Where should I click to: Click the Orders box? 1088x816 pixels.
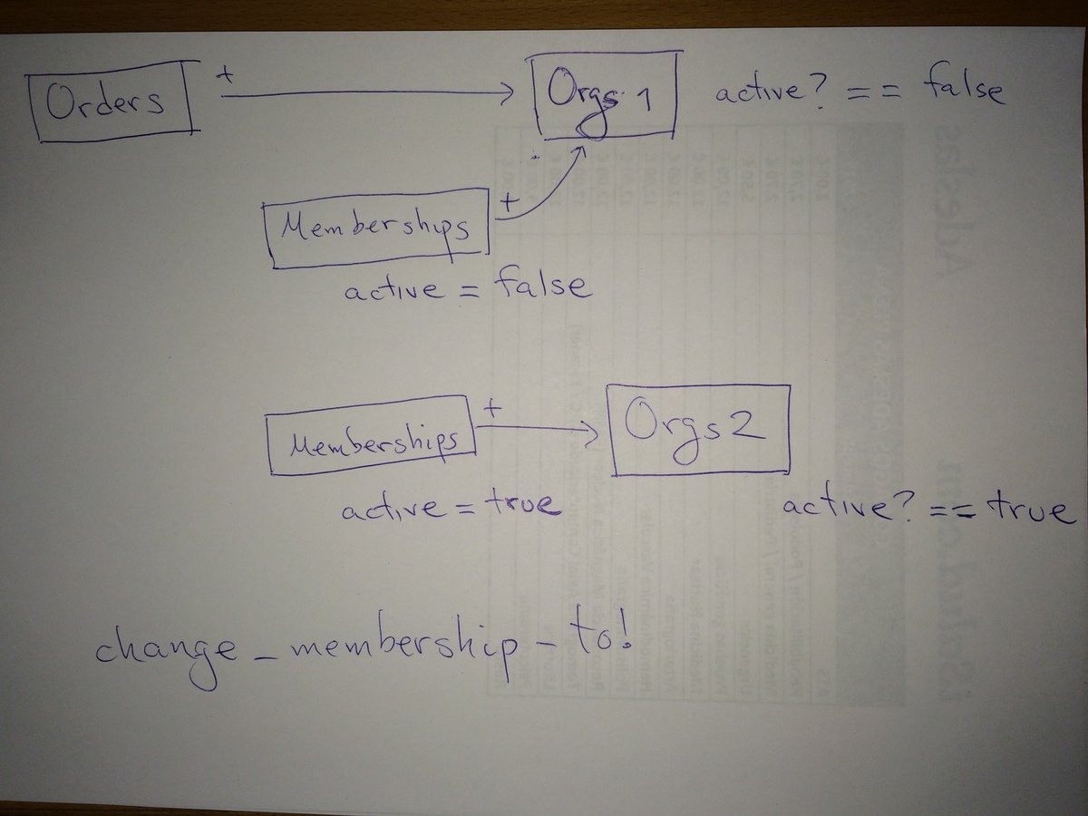pyautogui.click(x=112, y=103)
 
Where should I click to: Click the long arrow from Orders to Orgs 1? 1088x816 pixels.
pyautogui.click(x=363, y=92)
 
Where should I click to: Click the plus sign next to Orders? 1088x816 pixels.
pyautogui.click(x=226, y=77)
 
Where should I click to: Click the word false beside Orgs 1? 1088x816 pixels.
pyautogui.click(x=962, y=90)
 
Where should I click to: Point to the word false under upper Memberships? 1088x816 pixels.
pyautogui.click(x=542, y=287)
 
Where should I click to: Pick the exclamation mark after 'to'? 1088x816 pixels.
pyautogui.click(x=622, y=638)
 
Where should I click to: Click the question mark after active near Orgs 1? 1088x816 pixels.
pyautogui.click(x=821, y=94)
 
